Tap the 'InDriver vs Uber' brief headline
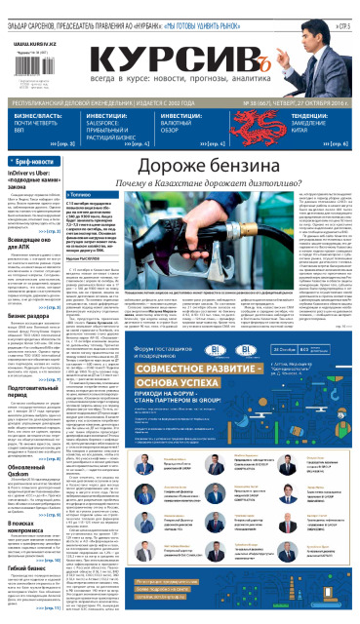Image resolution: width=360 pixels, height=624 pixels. click(34, 180)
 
